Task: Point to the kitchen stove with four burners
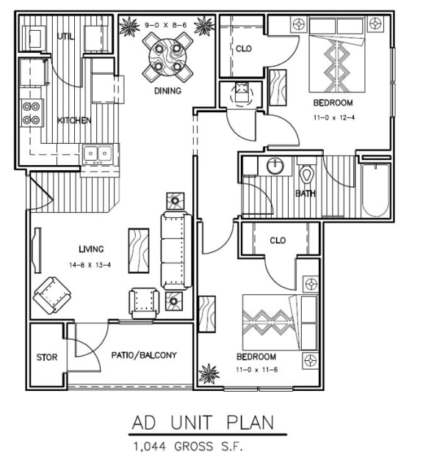point(30,113)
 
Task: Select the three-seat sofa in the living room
point(176,251)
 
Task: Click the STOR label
point(47,357)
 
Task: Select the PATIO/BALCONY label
point(144,355)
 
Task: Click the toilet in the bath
point(307,177)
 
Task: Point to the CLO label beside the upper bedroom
point(244,49)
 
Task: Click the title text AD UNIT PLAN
point(203,422)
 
